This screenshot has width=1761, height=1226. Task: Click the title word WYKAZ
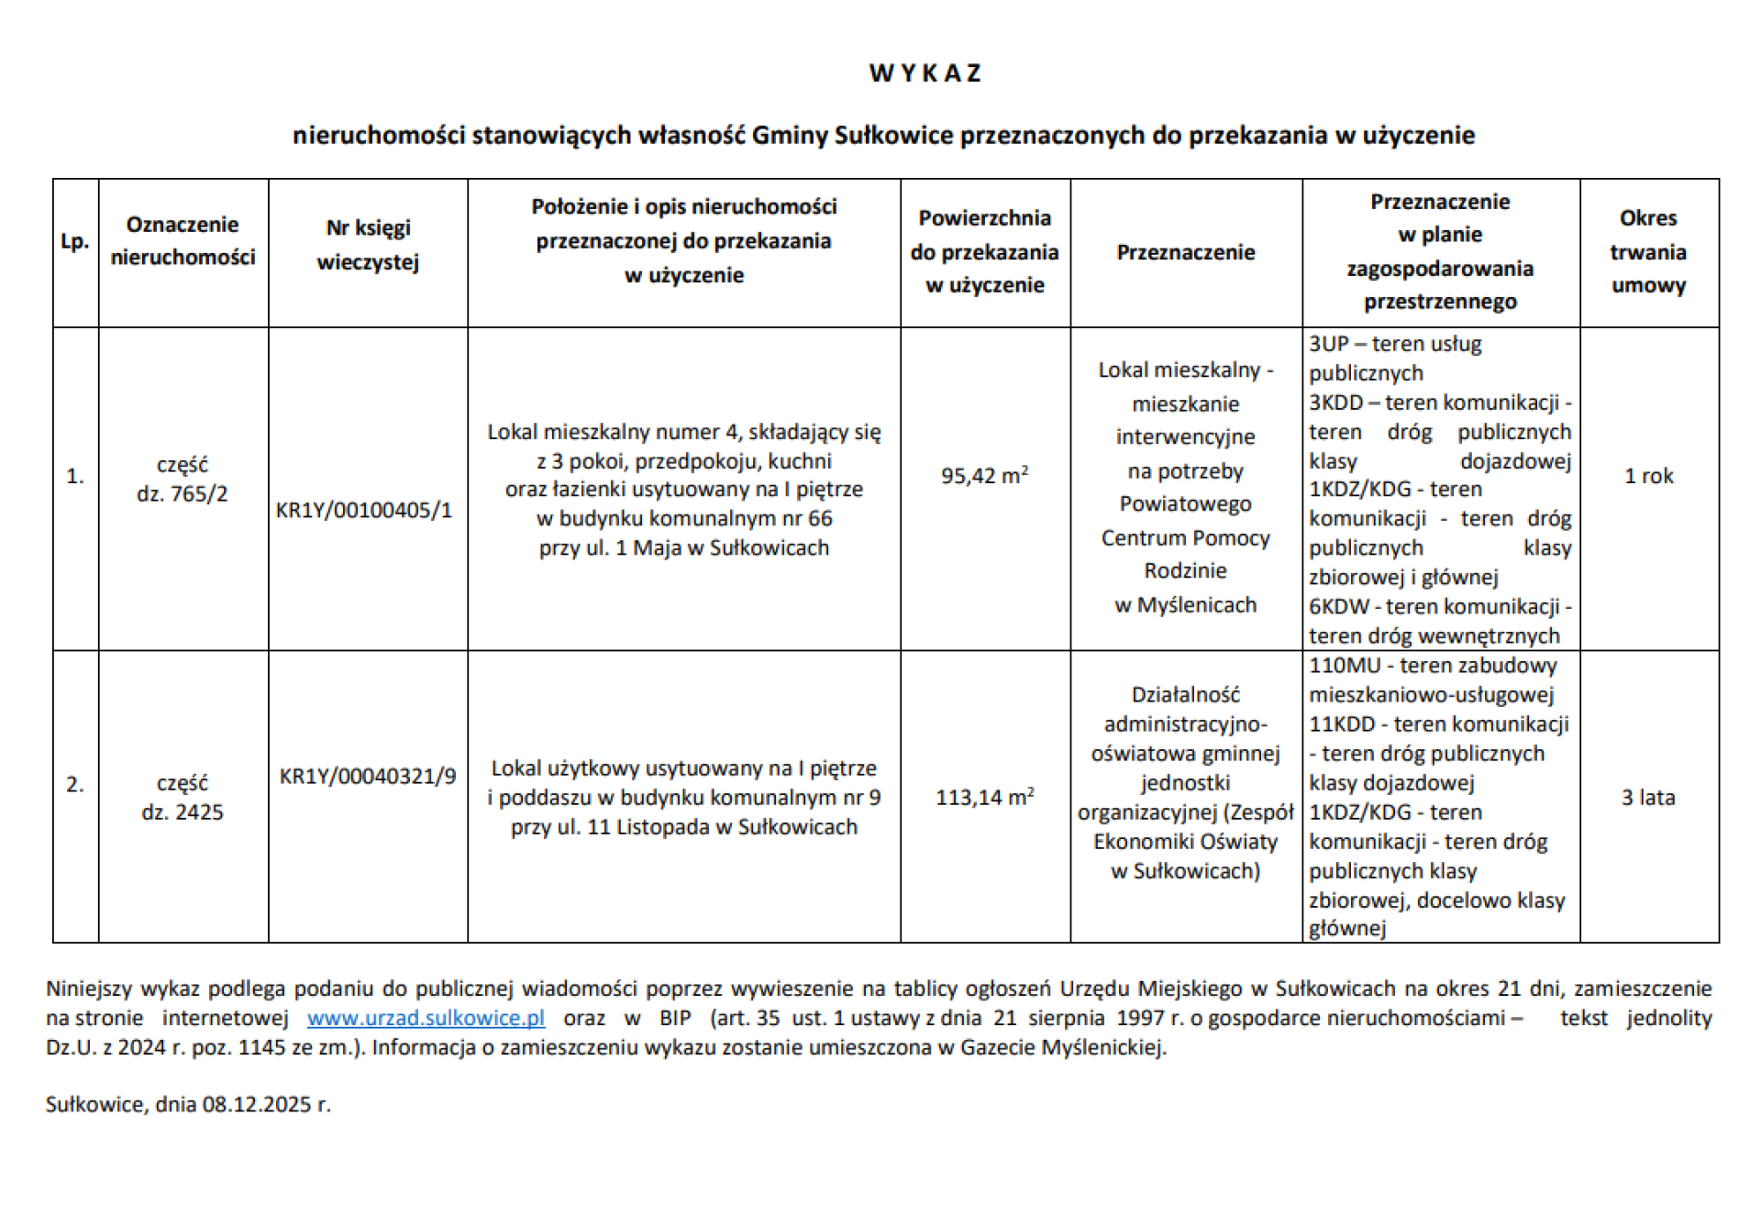[925, 73]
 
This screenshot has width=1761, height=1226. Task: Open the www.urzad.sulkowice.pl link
[426, 1018]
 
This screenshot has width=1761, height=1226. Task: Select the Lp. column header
[74, 242]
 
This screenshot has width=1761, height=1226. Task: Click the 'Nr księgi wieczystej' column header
[368, 245]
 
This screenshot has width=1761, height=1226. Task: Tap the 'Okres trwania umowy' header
[1648, 251]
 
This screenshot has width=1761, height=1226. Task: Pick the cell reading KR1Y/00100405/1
[364, 511]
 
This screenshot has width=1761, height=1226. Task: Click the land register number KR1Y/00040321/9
[367, 777]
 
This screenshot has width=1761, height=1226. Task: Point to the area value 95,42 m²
[984, 476]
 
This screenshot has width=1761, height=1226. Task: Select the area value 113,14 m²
[984, 798]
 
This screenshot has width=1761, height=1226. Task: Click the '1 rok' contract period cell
[1648, 476]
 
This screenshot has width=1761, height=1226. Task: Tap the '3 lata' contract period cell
[1648, 798]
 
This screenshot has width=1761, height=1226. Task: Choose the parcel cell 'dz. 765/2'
[182, 494]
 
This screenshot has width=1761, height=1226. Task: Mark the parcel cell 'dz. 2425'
[182, 812]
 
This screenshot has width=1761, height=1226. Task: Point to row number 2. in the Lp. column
[74, 784]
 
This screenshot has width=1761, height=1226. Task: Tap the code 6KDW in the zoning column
[1338, 607]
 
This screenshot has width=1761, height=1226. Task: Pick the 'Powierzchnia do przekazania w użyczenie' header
[984, 251]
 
